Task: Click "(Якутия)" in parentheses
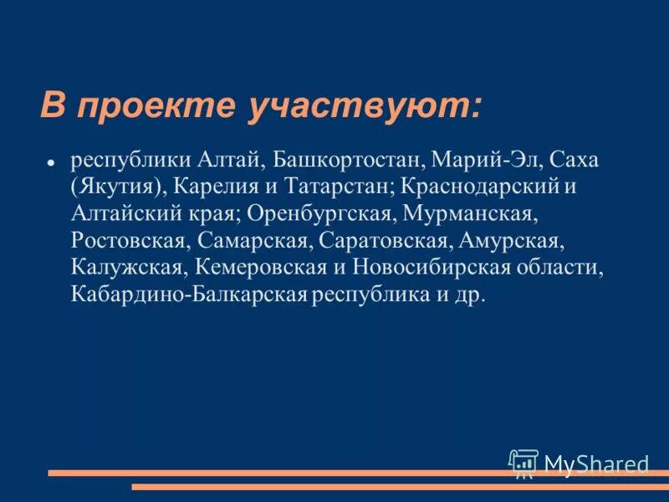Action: pyautogui.click(x=116, y=187)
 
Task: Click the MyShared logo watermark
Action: pyautogui.click(x=579, y=463)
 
